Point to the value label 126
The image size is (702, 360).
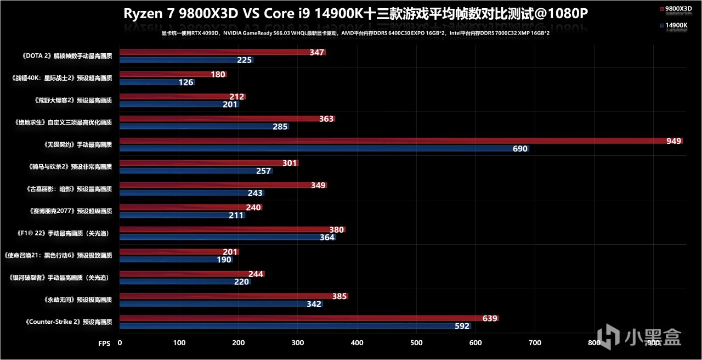pos(186,82)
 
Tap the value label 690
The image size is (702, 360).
pos(519,149)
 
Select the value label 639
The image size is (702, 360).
pos(489,318)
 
